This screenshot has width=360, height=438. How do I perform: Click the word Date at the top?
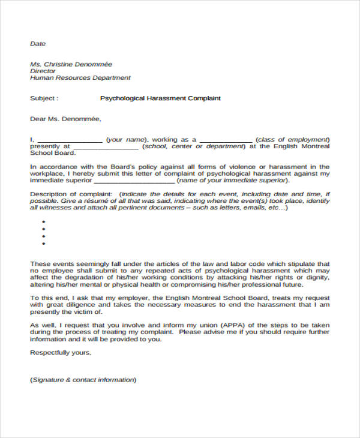point(38,44)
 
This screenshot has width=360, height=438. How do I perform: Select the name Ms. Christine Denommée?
point(71,64)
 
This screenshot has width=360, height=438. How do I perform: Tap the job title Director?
point(43,71)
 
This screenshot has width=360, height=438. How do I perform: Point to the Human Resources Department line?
point(80,78)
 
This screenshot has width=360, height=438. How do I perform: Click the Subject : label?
point(44,98)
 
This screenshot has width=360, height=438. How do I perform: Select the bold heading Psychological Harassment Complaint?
point(160,98)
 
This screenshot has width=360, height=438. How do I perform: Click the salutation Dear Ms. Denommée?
point(65,119)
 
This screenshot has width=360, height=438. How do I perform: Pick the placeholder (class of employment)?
point(292,139)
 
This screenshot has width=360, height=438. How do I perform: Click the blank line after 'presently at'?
point(106,146)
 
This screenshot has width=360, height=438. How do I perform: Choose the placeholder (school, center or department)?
point(194,146)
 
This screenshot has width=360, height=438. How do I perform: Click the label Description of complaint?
point(71,194)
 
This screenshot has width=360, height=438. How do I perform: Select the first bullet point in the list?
point(43,221)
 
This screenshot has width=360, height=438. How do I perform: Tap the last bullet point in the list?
point(43,243)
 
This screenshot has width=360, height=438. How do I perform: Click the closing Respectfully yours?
point(61,353)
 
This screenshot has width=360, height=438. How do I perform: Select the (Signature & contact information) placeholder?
point(83,380)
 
